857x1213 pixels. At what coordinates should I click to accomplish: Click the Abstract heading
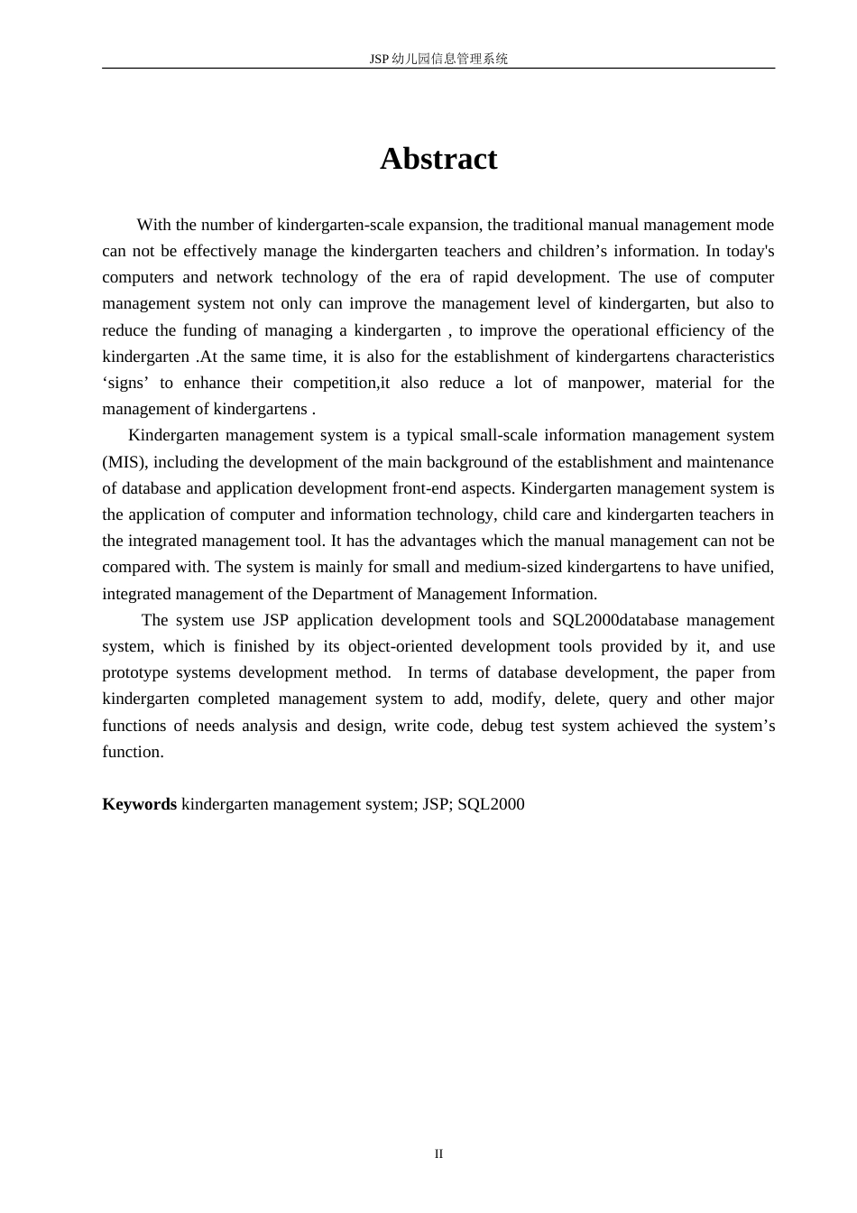[x=438, y=159]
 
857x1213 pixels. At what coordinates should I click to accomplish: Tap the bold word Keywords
[x=139, y=804]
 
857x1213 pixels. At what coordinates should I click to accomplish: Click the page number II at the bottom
[x=438, y=1153]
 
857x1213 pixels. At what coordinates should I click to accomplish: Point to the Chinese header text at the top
[x=438, y=59]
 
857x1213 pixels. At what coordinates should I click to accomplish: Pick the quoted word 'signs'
[x=125, y=383]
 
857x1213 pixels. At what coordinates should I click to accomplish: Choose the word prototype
[x=135, y=672]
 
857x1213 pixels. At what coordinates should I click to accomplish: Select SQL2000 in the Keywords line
[x=491, y=804]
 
